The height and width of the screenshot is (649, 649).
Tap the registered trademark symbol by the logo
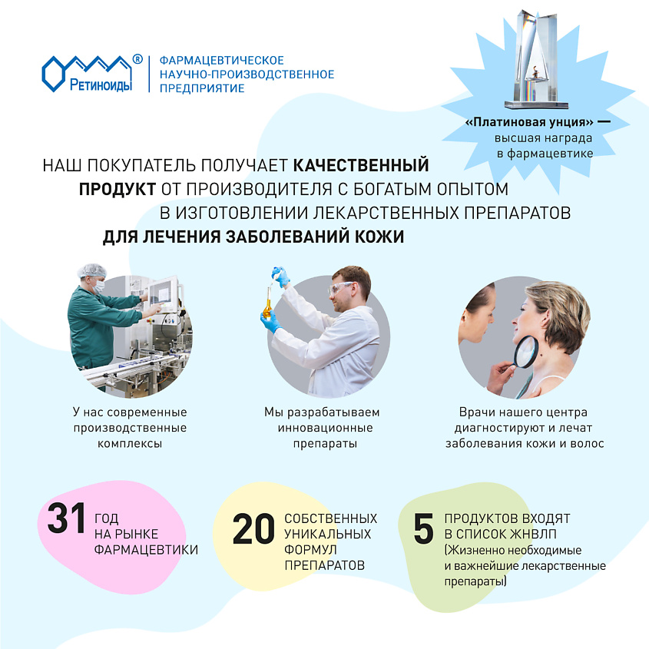click(137, 58)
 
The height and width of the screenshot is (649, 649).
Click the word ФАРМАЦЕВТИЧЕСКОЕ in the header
click(221, 60)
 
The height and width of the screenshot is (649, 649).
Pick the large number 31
click(68, 519)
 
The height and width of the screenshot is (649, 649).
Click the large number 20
click(253, 529)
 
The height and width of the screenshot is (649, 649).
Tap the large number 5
click(423, 530)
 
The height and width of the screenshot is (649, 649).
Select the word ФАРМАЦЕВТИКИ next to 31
click(146, 550)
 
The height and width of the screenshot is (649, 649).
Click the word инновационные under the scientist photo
click(322, 428)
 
